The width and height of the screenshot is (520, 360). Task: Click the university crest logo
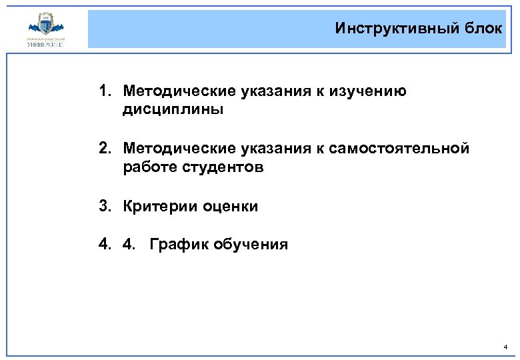point(46,28)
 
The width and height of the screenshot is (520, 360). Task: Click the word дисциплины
point(173,109)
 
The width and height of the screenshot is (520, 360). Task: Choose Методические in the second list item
point(173,149)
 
